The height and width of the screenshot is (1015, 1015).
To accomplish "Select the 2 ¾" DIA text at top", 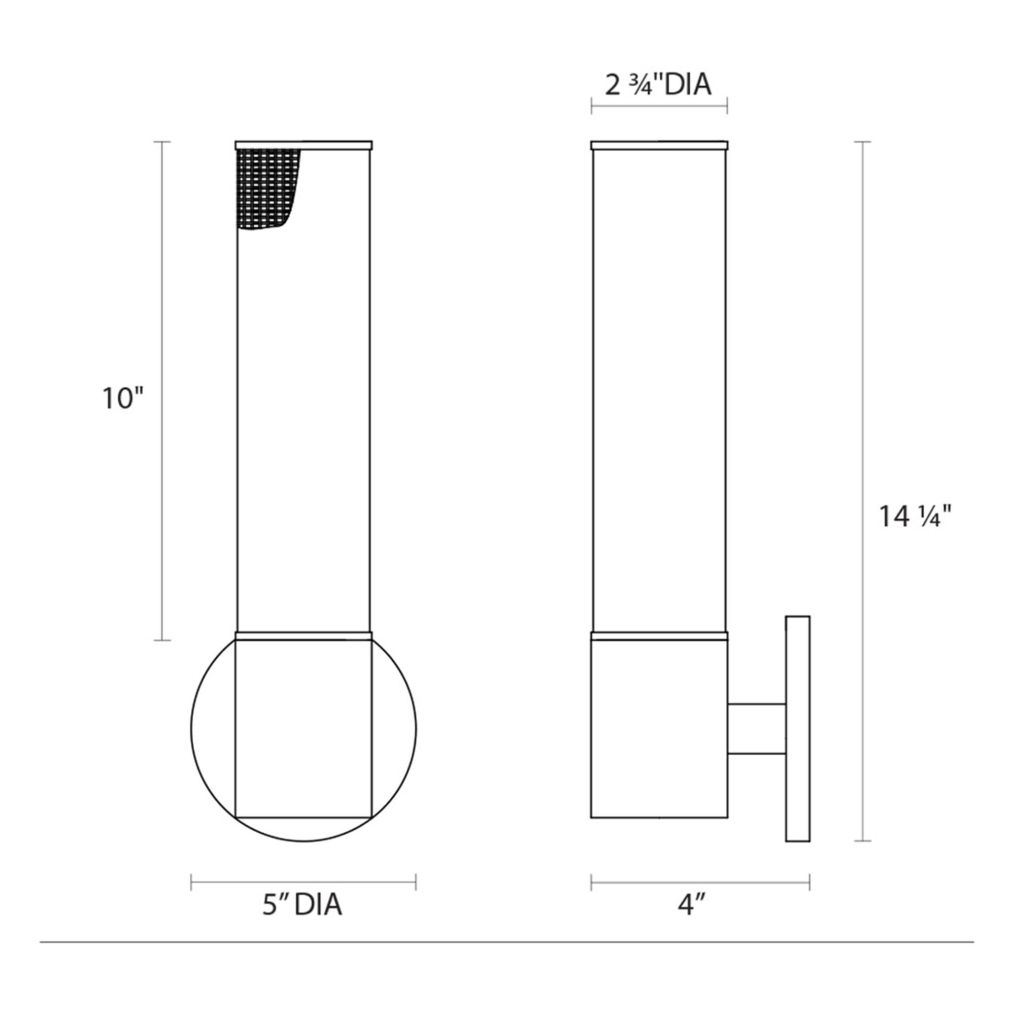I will coord(658,85).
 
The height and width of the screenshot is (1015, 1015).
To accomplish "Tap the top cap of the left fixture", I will coord(303,145).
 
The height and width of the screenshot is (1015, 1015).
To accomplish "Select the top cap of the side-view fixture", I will coord(659,145).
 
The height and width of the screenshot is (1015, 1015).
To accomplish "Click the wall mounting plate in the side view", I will coord(797,729).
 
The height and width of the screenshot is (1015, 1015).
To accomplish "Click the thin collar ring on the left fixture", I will coord(303,636).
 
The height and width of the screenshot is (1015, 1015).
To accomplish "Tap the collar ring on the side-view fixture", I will coord(659,636).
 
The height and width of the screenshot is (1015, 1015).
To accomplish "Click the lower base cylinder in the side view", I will coord(659,728).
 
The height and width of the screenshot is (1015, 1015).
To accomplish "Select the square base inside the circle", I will coord(303,728).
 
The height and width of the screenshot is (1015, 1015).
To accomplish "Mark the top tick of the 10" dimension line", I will coord(162,142).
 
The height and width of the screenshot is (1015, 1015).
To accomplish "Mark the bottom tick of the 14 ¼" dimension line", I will coord(863,841).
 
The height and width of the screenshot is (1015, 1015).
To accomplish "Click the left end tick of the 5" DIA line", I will coord(191,882).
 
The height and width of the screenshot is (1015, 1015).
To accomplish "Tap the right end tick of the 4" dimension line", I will coord(809,882).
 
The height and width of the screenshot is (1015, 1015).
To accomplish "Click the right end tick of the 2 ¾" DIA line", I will coord(727,106).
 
